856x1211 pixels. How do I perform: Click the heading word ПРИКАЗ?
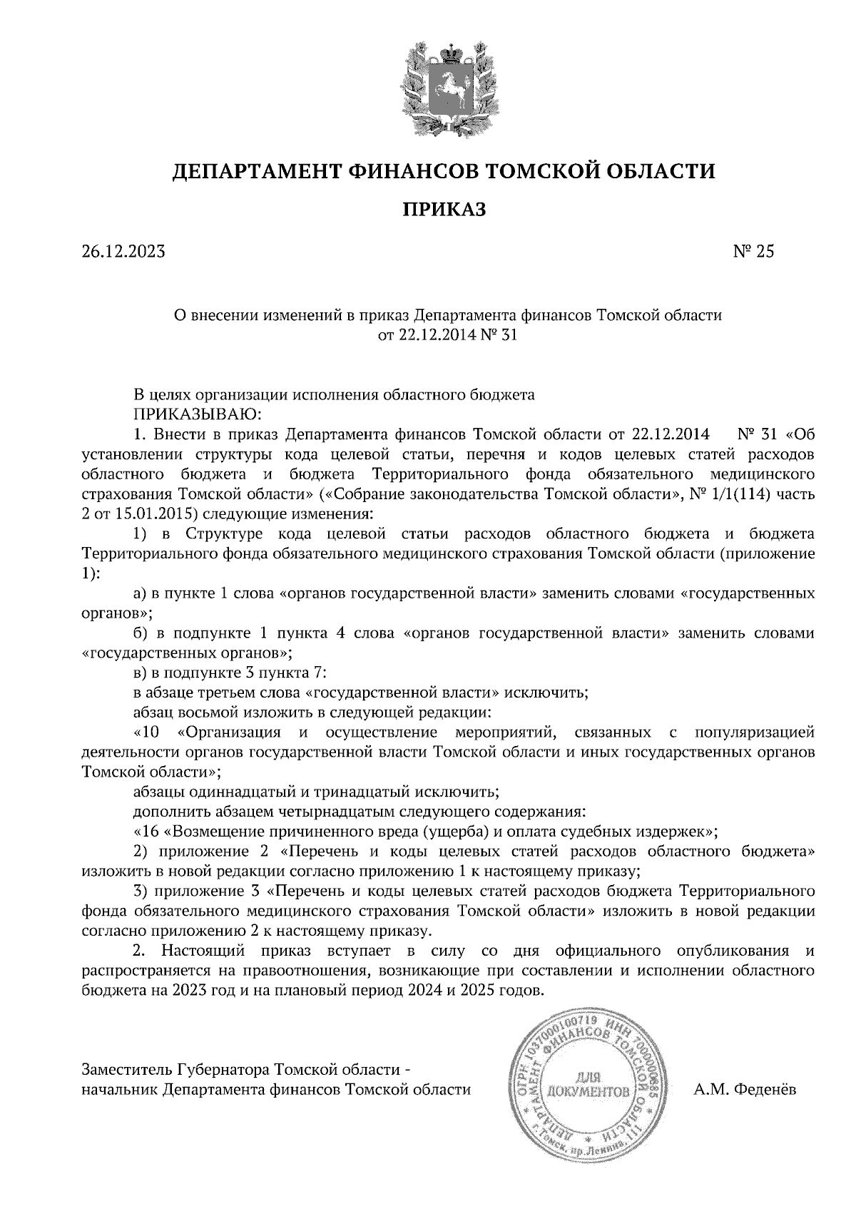[x=444, y=210]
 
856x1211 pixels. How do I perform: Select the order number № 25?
[x=753, y=252]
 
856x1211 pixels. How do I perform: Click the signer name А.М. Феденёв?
[x=745, y=1090]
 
